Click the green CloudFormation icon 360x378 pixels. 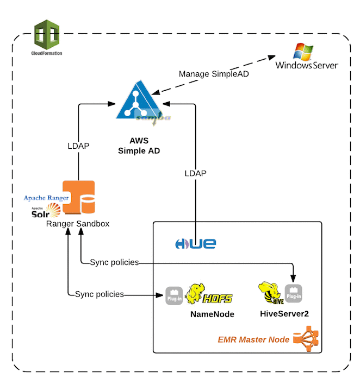tap(47, 35)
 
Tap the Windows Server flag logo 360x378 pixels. tap(303, 52)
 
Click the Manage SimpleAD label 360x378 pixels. tap(214, 74)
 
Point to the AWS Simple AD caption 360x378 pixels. tap(139, 146)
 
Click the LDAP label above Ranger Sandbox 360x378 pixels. tap(78, 146)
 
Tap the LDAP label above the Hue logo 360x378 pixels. tap(195, 173)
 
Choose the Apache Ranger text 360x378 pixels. tap(46, 198)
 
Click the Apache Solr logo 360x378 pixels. tap(46, 211)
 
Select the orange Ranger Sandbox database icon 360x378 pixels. tap(79, 197)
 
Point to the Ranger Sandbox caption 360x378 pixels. tap(78, 224)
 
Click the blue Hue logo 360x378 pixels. tap(196, 244)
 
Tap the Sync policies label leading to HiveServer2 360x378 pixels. tap(114, 262)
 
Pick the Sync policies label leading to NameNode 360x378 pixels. tap(99, 294)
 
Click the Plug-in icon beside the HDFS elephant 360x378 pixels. tap(174, 295)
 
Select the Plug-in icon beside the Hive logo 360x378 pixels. tap(293, 293)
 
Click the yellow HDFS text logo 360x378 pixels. tap(218, 299)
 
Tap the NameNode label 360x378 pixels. tap(212, 314)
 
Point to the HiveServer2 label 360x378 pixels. tap(284, 313)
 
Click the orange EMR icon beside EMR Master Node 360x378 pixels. tap(306, 339)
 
